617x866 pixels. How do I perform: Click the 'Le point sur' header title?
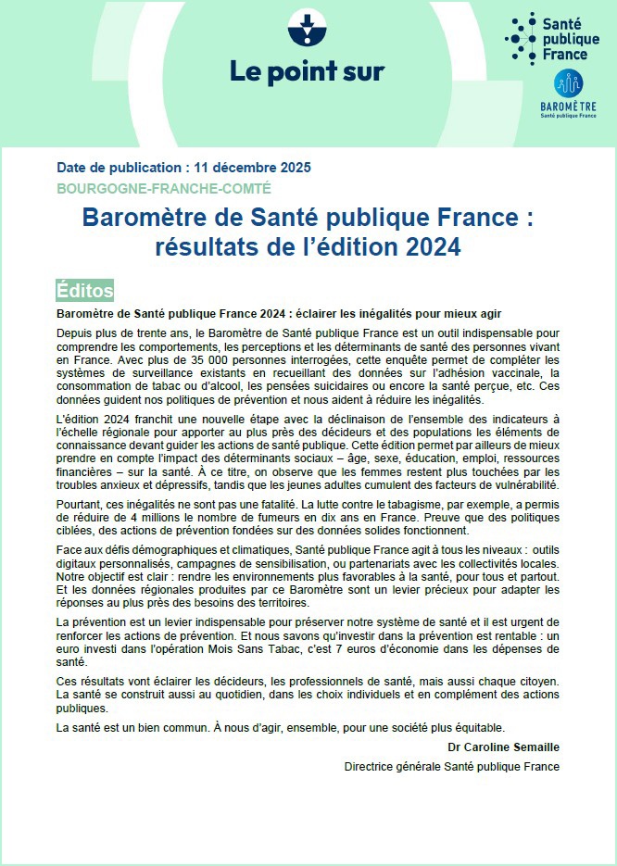307,70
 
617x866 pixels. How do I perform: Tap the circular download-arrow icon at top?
307,28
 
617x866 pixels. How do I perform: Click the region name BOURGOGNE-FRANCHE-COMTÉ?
164,188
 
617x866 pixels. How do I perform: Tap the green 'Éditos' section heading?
84,290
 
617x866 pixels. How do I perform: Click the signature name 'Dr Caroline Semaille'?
503,747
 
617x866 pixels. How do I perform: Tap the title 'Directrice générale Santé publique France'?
452,767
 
